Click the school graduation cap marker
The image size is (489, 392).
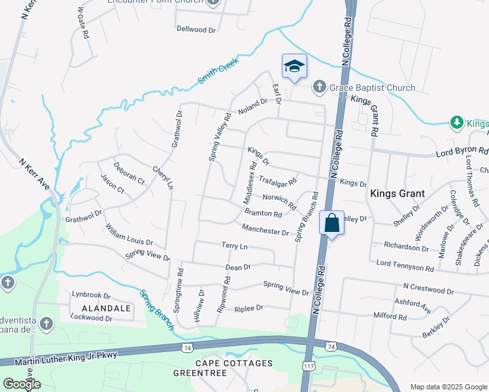(294, 67)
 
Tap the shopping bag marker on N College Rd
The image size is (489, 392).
(332, 222)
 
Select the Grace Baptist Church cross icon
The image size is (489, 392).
(320, 88)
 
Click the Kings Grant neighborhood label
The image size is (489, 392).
(398, 193)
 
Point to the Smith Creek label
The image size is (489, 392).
(218, 73)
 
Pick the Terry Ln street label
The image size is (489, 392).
(235, 246)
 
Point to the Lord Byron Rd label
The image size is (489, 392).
(462, 152)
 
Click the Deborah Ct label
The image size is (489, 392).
(128, 173)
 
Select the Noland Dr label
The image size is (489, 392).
(253, 106)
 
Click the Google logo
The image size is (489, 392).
(22, 384)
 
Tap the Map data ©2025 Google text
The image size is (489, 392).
(448, 386)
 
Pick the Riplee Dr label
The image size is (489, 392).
(248, 308)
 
